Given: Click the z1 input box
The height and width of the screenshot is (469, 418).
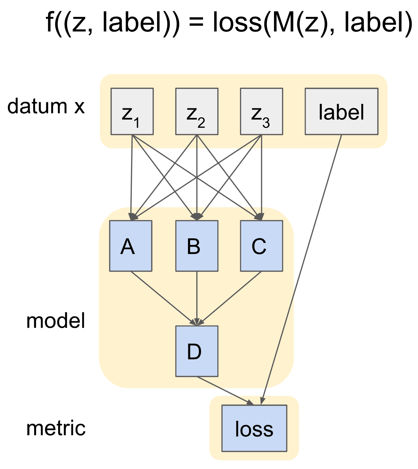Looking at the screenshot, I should tap(132, 112).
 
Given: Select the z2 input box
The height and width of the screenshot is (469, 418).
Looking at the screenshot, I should tap(197, 112).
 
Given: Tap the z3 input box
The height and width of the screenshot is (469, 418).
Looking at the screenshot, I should tap(261, 112).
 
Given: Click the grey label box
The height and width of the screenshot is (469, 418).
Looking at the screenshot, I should tap(341, 112).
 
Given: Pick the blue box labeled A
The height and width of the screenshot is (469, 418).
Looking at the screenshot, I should tap(131, 246).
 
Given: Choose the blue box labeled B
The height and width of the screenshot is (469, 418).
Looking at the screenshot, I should tap(197, 246).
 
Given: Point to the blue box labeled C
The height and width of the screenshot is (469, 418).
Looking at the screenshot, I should tap(261, 246).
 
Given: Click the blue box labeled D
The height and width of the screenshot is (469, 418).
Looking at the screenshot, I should tap(197, 351).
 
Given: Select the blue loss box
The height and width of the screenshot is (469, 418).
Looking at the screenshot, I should tap(254, 428).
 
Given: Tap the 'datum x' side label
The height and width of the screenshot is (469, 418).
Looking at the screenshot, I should tap(46, 106).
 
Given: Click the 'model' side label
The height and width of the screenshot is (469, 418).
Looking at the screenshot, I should tap(56, 321).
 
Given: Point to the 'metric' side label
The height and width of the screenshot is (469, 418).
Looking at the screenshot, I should tap(56, 428).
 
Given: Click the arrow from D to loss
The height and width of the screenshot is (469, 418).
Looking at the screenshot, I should tap(225, 391).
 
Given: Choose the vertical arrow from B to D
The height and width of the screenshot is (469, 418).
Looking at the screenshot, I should tap(197, 298).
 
